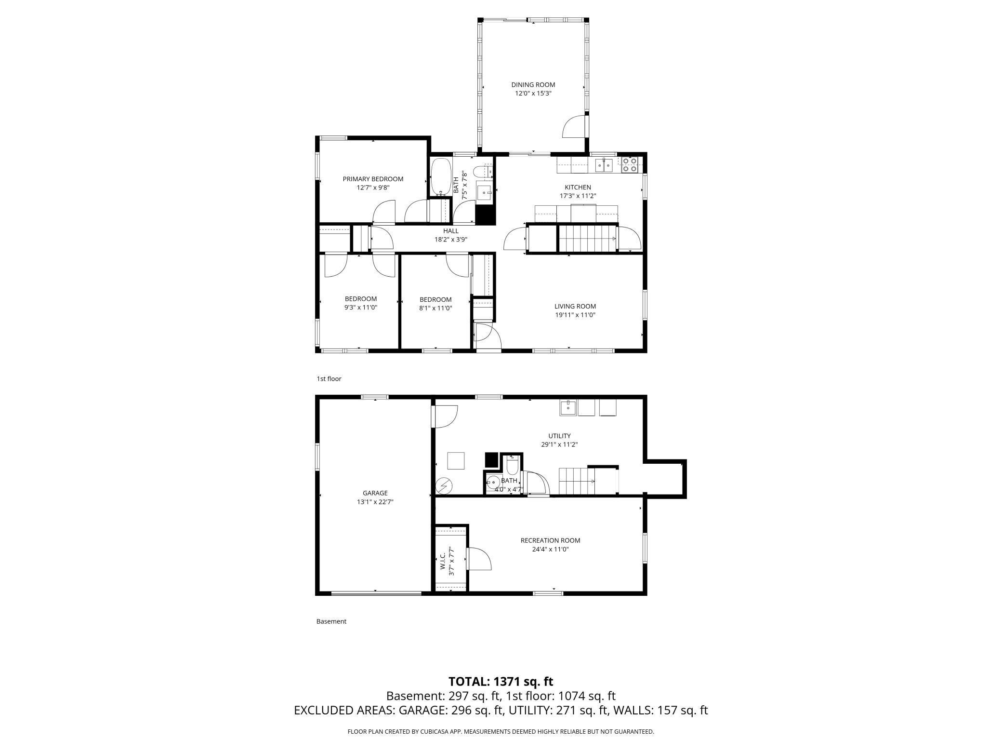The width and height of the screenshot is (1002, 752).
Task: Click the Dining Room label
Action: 533,85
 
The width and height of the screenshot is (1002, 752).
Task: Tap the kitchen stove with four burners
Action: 629,165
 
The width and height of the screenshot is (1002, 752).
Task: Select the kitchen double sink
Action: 604,165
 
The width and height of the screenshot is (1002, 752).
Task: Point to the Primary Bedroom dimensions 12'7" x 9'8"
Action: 373,188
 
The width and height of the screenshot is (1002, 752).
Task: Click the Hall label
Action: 451,231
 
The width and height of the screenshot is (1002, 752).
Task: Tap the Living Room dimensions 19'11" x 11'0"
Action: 575,315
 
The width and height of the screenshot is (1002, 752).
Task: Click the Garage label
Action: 375,493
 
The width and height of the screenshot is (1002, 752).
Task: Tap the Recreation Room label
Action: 550,540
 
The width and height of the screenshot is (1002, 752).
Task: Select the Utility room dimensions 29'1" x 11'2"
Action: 559,444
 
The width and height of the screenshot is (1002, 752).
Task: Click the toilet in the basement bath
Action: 512,465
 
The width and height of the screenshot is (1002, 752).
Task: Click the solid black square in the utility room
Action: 491,460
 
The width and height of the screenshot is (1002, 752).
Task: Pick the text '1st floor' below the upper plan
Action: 329,379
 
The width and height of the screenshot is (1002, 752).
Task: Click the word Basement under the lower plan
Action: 331,621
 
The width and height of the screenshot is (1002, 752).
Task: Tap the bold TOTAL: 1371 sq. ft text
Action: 501,682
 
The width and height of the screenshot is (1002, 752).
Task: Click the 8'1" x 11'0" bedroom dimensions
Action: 435,308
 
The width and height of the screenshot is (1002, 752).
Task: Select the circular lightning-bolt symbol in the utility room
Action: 443,485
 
